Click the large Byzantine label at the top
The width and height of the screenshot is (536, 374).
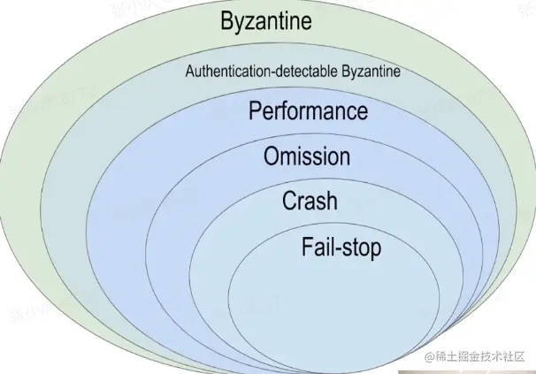(x=269, y=21)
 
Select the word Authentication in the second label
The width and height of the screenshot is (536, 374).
(x=223, y=72)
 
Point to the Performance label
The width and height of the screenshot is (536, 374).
(x=308, y=112)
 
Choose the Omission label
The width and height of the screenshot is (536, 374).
(x=307, y=156)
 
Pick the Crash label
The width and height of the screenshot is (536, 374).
(x=310, y=201)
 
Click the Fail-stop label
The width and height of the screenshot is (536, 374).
(x=341, y=247)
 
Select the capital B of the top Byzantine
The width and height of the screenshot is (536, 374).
(x=228, y=21)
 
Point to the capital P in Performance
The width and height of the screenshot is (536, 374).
(x=257, y=112)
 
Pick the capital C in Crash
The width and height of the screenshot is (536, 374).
(x=290, y=201)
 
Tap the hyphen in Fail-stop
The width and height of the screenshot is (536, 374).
(x=341, y=248)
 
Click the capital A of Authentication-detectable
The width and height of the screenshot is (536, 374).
(x=189, y=72)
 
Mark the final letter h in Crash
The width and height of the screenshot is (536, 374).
(x=331, y=201)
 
